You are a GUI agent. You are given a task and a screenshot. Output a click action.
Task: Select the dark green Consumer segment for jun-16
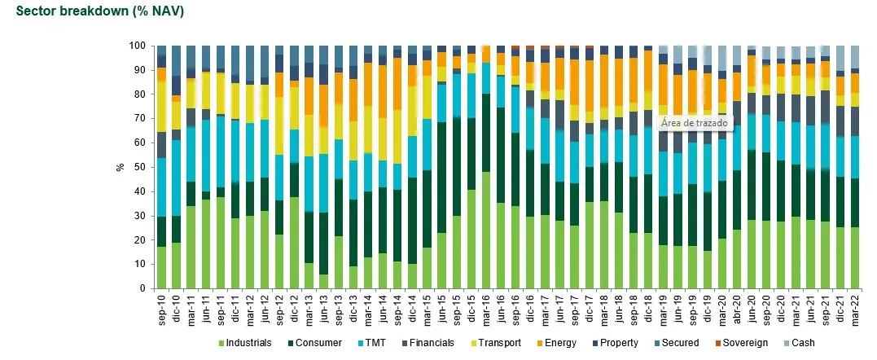coord(500,155)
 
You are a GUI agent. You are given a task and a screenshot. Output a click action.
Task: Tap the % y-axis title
coord(121,167)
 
